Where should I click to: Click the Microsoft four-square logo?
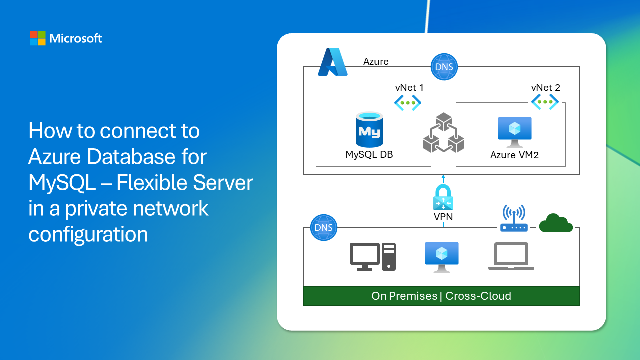tap(38, 38)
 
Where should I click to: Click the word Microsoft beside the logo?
tap(76, 38)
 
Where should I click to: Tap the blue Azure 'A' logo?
tap(332, 62)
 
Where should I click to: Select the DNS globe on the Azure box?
tap(444, 66)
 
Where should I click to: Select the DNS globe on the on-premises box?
tap(324, 228)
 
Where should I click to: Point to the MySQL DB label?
tap(369, 154)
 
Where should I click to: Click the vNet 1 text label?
tap(409, 88)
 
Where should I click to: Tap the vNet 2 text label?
tap(546, 88)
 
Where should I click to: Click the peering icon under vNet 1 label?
tap(408, 102)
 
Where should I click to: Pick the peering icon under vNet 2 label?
tap(545, 102)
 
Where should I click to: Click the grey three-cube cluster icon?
tap(443, 133)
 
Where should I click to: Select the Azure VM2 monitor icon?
tap(514, 132)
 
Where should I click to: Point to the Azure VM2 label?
tap(514, 155)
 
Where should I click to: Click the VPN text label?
tap(443, 217)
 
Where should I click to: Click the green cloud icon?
tap(555, 223)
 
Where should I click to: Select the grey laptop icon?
tap(511, 257)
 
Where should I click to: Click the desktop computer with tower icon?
tap(373, 257)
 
